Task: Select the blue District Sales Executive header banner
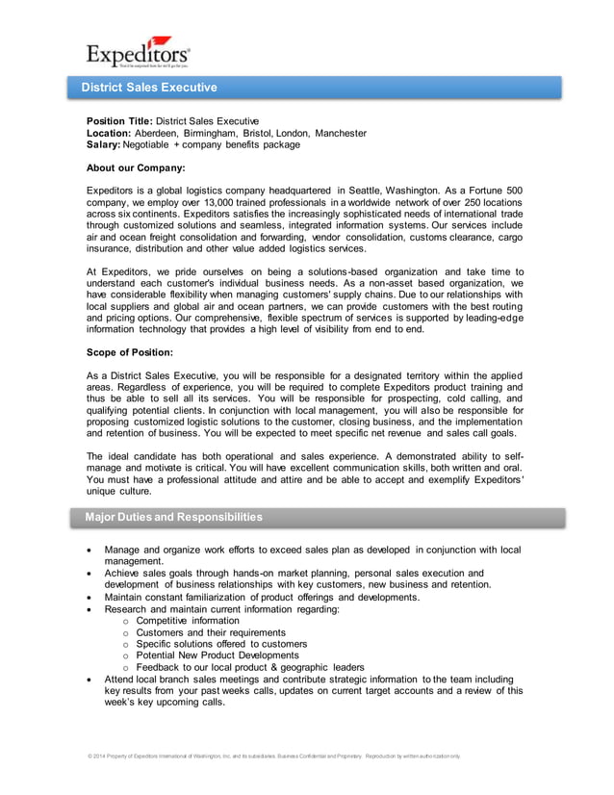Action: coord(318,88)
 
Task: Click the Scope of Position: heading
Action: coord(130,352)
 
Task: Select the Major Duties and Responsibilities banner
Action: coord(173,517)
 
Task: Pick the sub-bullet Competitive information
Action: coord(188,621)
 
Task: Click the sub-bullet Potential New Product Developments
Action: coord(217,655)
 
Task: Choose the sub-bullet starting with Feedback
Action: coord(250,667)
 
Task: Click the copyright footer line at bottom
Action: coord(274,757)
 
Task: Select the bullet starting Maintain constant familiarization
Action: coord(262,597)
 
